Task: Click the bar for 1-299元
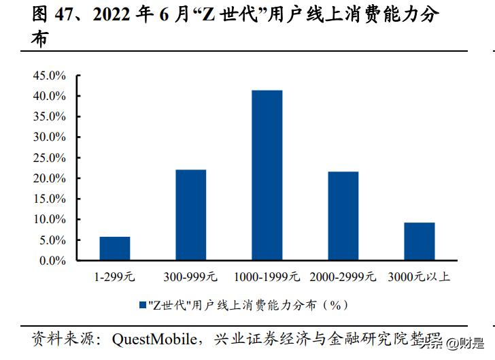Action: [114, 248]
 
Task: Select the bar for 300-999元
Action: [190, 215]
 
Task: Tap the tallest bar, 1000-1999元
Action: [267, 175]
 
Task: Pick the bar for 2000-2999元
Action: [343, 216]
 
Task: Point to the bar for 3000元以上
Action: [419, 242]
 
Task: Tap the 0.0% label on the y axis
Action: [52, 261]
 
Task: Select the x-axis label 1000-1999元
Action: [267, 278]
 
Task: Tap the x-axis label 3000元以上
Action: [419, 278]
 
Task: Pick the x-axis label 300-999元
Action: [190, 278]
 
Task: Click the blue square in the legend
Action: [142, 306]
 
